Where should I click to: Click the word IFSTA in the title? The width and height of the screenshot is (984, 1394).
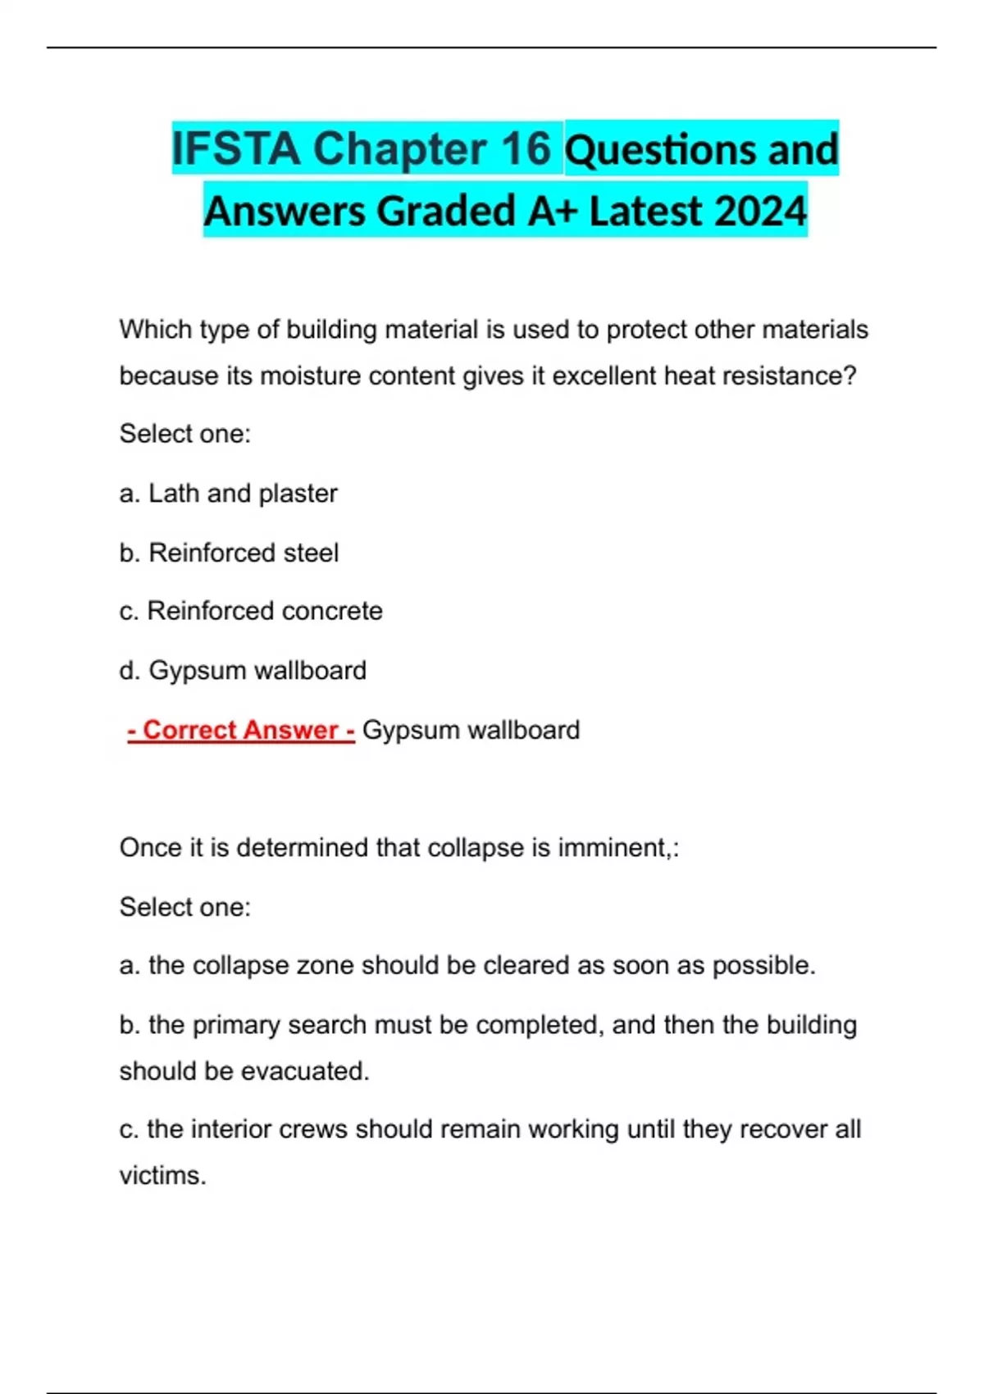point(236,148)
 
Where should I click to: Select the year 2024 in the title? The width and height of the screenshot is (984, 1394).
point(760,211)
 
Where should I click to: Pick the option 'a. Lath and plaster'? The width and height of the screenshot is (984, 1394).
point(228,494)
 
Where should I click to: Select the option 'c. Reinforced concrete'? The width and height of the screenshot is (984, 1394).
point(250,611)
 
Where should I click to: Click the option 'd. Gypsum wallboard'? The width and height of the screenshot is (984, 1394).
point(242,671)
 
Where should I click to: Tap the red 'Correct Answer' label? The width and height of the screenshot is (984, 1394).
point(241,730)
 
